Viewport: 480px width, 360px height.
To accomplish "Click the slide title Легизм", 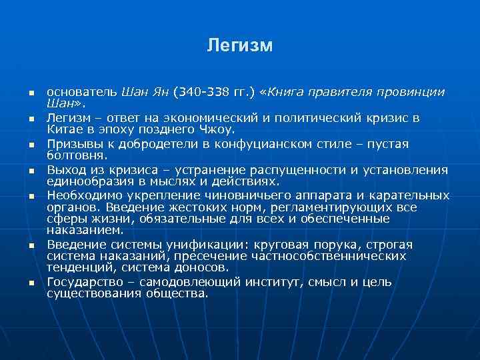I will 239,45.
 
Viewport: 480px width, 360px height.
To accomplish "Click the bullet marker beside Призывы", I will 31,145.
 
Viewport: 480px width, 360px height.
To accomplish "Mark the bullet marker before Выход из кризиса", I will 31,171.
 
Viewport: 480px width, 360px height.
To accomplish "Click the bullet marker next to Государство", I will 31,283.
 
